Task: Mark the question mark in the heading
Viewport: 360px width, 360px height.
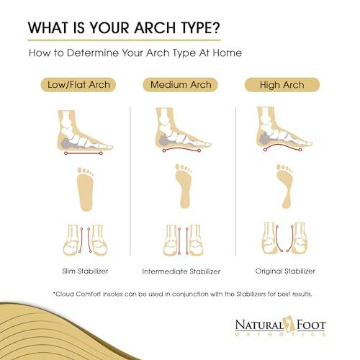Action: (217, 30)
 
